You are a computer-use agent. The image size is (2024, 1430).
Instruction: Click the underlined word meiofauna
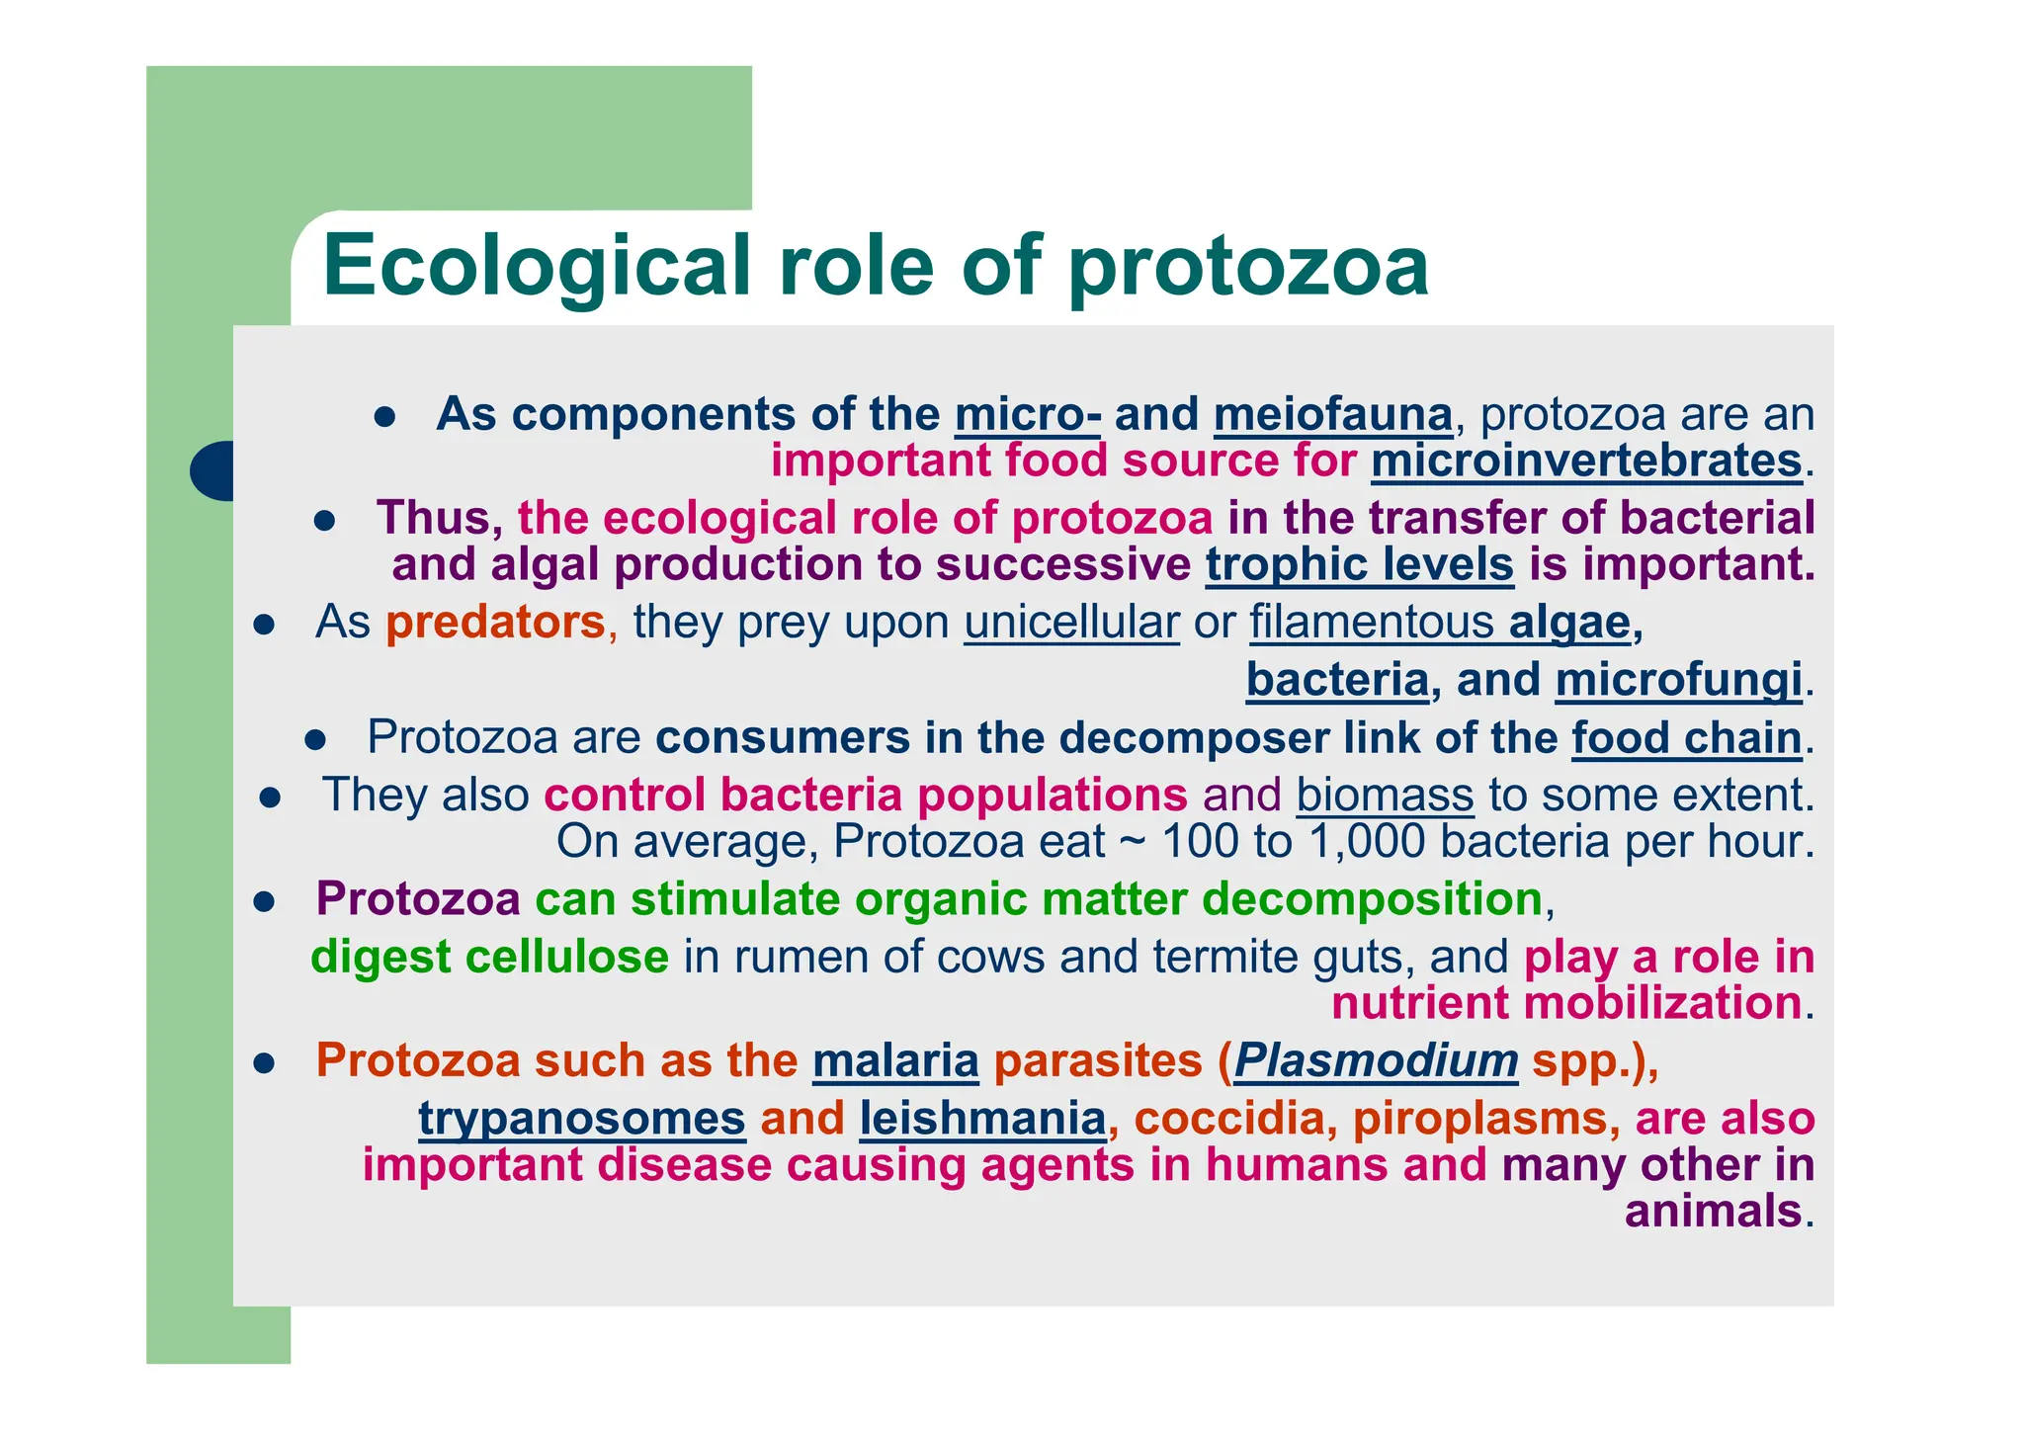(1332, 414)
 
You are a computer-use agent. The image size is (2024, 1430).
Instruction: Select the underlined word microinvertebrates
(1586, 462)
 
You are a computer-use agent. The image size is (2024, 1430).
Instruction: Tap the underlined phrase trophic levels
(1359, 565)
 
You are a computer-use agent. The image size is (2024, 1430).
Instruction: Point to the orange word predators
(495, 623)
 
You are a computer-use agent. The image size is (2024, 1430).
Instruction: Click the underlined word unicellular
(1071, 623)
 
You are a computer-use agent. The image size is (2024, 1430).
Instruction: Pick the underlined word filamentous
(1372, 623)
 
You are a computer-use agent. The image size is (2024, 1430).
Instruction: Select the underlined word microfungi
(1678, 680)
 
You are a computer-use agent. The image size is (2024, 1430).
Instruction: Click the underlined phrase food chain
(1687, 738)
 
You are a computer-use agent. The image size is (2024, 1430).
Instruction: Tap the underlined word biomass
(1385, 796)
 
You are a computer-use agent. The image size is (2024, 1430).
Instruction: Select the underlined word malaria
(895, 1060)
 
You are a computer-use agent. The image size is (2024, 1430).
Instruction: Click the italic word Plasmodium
(1376, 1060)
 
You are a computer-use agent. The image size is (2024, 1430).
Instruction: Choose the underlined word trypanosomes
(582, 1119)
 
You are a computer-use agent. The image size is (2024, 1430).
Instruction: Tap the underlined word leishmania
(982, 1119)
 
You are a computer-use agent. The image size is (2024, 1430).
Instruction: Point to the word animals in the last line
(1713, 1212)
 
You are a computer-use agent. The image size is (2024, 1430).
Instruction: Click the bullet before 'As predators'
(263, 625)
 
